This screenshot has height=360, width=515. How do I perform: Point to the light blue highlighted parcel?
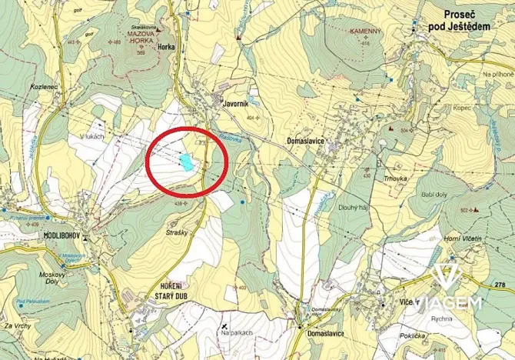point(187,161)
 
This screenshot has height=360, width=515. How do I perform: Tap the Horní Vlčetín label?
point(462,240)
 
